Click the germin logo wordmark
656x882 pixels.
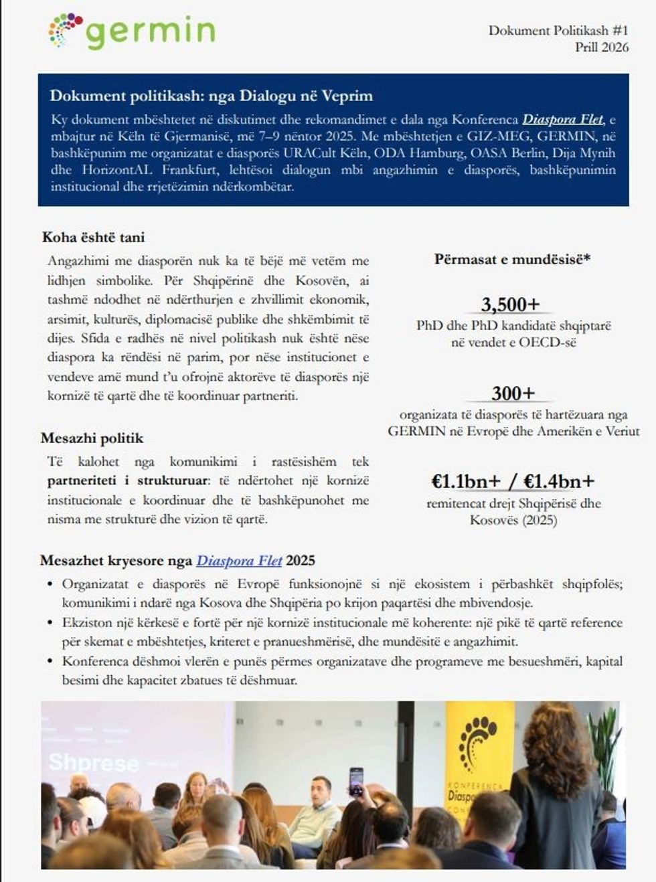point(150,31)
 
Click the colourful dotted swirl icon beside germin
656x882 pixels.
point(66,30)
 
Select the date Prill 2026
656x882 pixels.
point(601,47)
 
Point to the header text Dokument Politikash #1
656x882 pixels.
point(558,30)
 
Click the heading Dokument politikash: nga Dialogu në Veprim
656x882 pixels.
point(211,96)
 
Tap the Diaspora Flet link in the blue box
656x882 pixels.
point(563,120)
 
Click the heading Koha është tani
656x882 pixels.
point(93,238)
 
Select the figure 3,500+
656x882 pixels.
point(510,304)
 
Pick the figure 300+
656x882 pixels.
point(513,393)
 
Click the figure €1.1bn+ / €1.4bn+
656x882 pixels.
point(513,481)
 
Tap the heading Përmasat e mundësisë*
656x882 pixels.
point(512,259)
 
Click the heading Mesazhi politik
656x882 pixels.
point(92,438)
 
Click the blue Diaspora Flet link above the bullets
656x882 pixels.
point(239,561)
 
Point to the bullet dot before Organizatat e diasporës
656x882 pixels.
point(50,584)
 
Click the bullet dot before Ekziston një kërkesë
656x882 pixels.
point(50,623)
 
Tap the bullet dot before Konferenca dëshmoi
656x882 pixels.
point(50,662)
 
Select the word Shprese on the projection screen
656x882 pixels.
point(94,762)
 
